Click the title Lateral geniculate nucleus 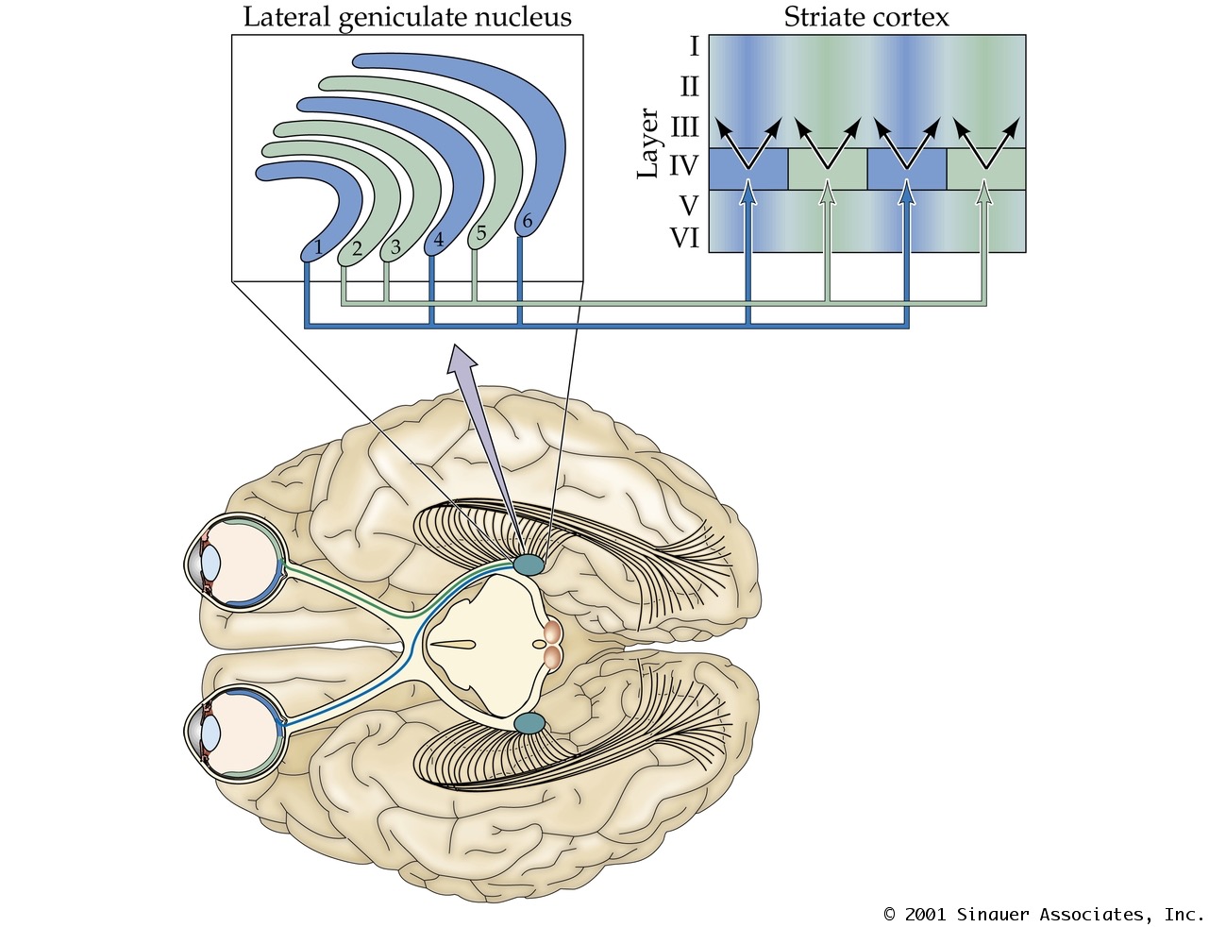[407, 17]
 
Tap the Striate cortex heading [865, 17]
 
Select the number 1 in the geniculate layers [319, 247]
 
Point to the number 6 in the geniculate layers [527, 222]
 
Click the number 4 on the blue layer [438, 241]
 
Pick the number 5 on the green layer [480, 232]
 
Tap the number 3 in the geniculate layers [395, 247]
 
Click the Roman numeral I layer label [694, 46]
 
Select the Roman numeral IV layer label [683, 167]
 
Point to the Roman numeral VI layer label [684, 238]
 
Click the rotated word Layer [648, 143]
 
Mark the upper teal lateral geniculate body [529, 565]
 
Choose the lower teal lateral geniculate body [529, 724]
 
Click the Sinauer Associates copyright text [1043, 914]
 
